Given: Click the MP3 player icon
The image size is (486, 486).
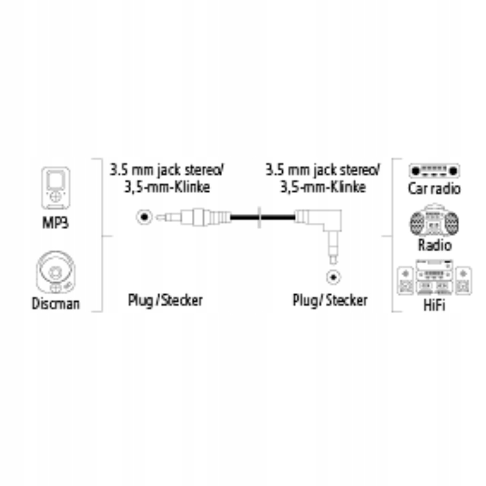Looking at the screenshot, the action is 56,188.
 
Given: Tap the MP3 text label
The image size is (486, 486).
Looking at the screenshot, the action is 56,222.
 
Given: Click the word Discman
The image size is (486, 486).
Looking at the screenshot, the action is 56,304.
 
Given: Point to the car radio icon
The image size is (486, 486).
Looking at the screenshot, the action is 434,170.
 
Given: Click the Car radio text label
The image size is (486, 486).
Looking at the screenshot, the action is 434,189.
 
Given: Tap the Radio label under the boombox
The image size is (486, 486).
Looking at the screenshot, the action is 435,244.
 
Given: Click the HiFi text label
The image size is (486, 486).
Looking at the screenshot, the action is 434,305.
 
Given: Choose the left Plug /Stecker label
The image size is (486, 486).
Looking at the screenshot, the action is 165,300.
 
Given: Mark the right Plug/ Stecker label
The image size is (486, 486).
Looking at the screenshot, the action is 330,300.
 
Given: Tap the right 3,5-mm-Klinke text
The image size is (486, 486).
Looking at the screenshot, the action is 323,187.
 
